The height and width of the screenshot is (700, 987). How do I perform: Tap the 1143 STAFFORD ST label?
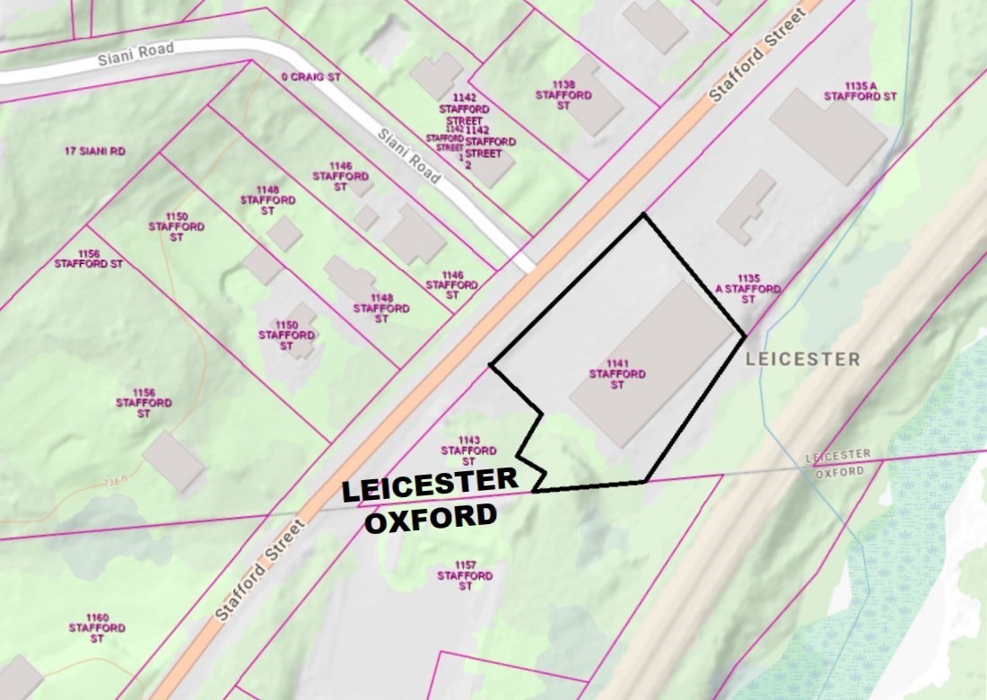(x=468, y=450)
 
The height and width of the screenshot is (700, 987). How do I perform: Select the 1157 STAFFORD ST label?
(x=465, y=575)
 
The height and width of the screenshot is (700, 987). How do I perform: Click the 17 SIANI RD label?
(x=95, y=152)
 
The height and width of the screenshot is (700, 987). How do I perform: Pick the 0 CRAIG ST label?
(x=310, y=78)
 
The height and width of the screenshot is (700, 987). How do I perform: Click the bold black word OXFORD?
(x=431, y=518)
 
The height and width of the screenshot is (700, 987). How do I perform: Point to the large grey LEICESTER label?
(x=802, y=360)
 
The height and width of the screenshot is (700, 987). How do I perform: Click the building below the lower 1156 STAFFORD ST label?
(x=173, y=460)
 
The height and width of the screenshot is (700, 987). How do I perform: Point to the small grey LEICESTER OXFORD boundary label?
(x=837, y=464)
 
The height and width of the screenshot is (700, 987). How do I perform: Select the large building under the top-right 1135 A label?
(x=827, y=136)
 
